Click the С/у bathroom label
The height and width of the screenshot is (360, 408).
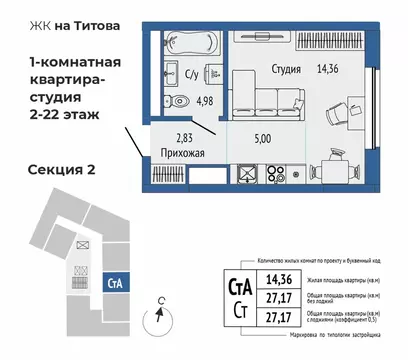coord(194,73)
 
